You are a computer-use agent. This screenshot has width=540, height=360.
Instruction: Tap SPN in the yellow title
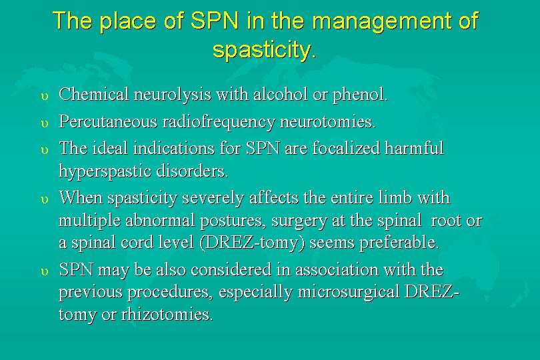(215, 20)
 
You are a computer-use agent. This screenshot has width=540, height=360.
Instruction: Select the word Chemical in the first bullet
(94, 94)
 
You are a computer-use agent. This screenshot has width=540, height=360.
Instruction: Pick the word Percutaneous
(108, 121)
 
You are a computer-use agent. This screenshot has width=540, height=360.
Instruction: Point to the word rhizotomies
(167, 314)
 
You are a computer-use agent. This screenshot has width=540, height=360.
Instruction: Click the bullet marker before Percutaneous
(45, 124)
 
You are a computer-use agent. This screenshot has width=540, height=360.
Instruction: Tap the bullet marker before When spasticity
(45, 201)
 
